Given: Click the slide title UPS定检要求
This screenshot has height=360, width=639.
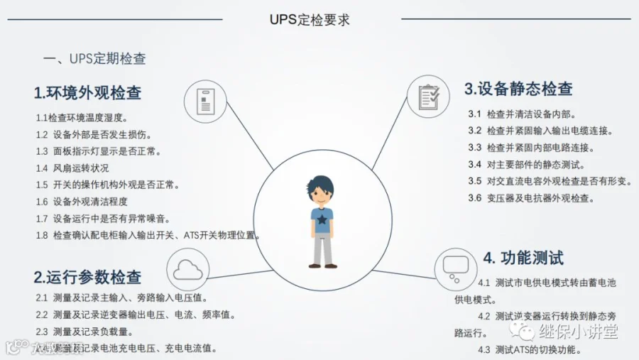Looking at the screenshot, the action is pos(310,19).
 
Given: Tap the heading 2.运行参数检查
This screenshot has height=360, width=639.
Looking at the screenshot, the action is pos(87,277).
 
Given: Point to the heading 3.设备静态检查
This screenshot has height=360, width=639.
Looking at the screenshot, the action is pos(518,89).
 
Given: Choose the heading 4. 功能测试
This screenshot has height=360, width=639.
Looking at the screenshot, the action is pos(523,257).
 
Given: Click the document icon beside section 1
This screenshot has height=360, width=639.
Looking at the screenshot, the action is pos(205,99).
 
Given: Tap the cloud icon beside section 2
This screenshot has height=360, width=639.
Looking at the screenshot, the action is pos(187,270).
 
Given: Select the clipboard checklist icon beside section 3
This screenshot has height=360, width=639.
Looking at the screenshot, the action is pos(428,96).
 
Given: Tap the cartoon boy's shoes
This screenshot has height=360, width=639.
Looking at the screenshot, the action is pos(323,266).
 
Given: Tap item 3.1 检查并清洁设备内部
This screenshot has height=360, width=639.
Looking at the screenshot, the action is pos(521,114).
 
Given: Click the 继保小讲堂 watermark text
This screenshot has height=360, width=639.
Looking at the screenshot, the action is pos(578,332).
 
